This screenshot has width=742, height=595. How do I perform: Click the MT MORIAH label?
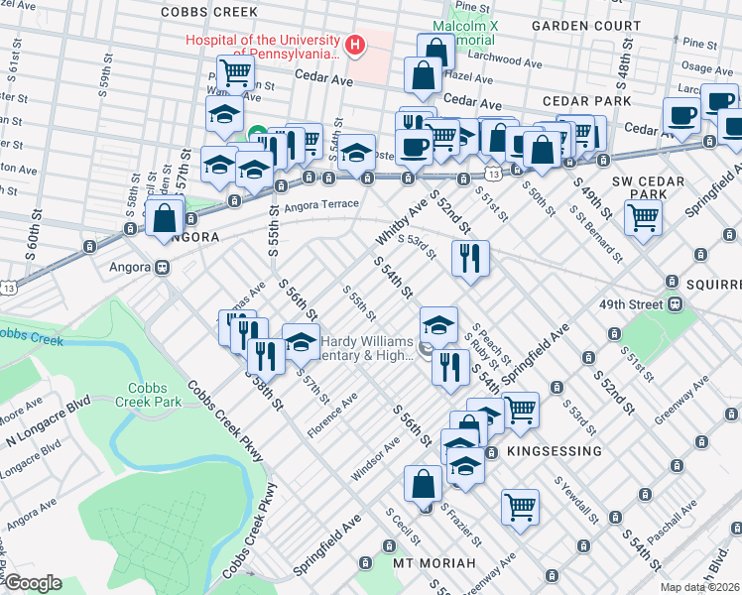click(x=434, y=563)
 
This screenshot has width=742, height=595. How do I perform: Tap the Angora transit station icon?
click(x=161, y=267)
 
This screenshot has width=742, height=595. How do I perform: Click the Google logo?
click(x=33, y=582)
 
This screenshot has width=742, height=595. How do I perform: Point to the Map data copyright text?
click(x=700, y=587)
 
